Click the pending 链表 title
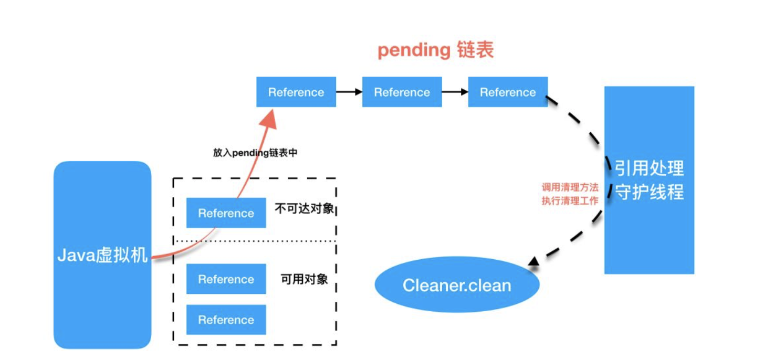tap(436, 50)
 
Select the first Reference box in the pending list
tap(296, 92)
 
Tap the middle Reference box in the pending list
tap(402, 92)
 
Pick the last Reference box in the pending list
tap(508, 92)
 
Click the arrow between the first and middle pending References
tap(349, 92)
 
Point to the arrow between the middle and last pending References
tap(455, 92)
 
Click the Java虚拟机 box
tap(102, 255)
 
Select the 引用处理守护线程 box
tap(649, 180)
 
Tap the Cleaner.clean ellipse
tap(457, 285)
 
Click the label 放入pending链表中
tap(255, 153)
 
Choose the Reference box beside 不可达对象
tap(226, 213)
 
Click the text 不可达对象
tap(305, 208)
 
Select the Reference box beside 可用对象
tap(226, 279)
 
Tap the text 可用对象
tap(305, 279)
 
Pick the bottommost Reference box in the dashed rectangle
tap(226, 320)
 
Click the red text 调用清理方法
tap(570, 187)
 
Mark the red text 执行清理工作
tap(570, 200)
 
